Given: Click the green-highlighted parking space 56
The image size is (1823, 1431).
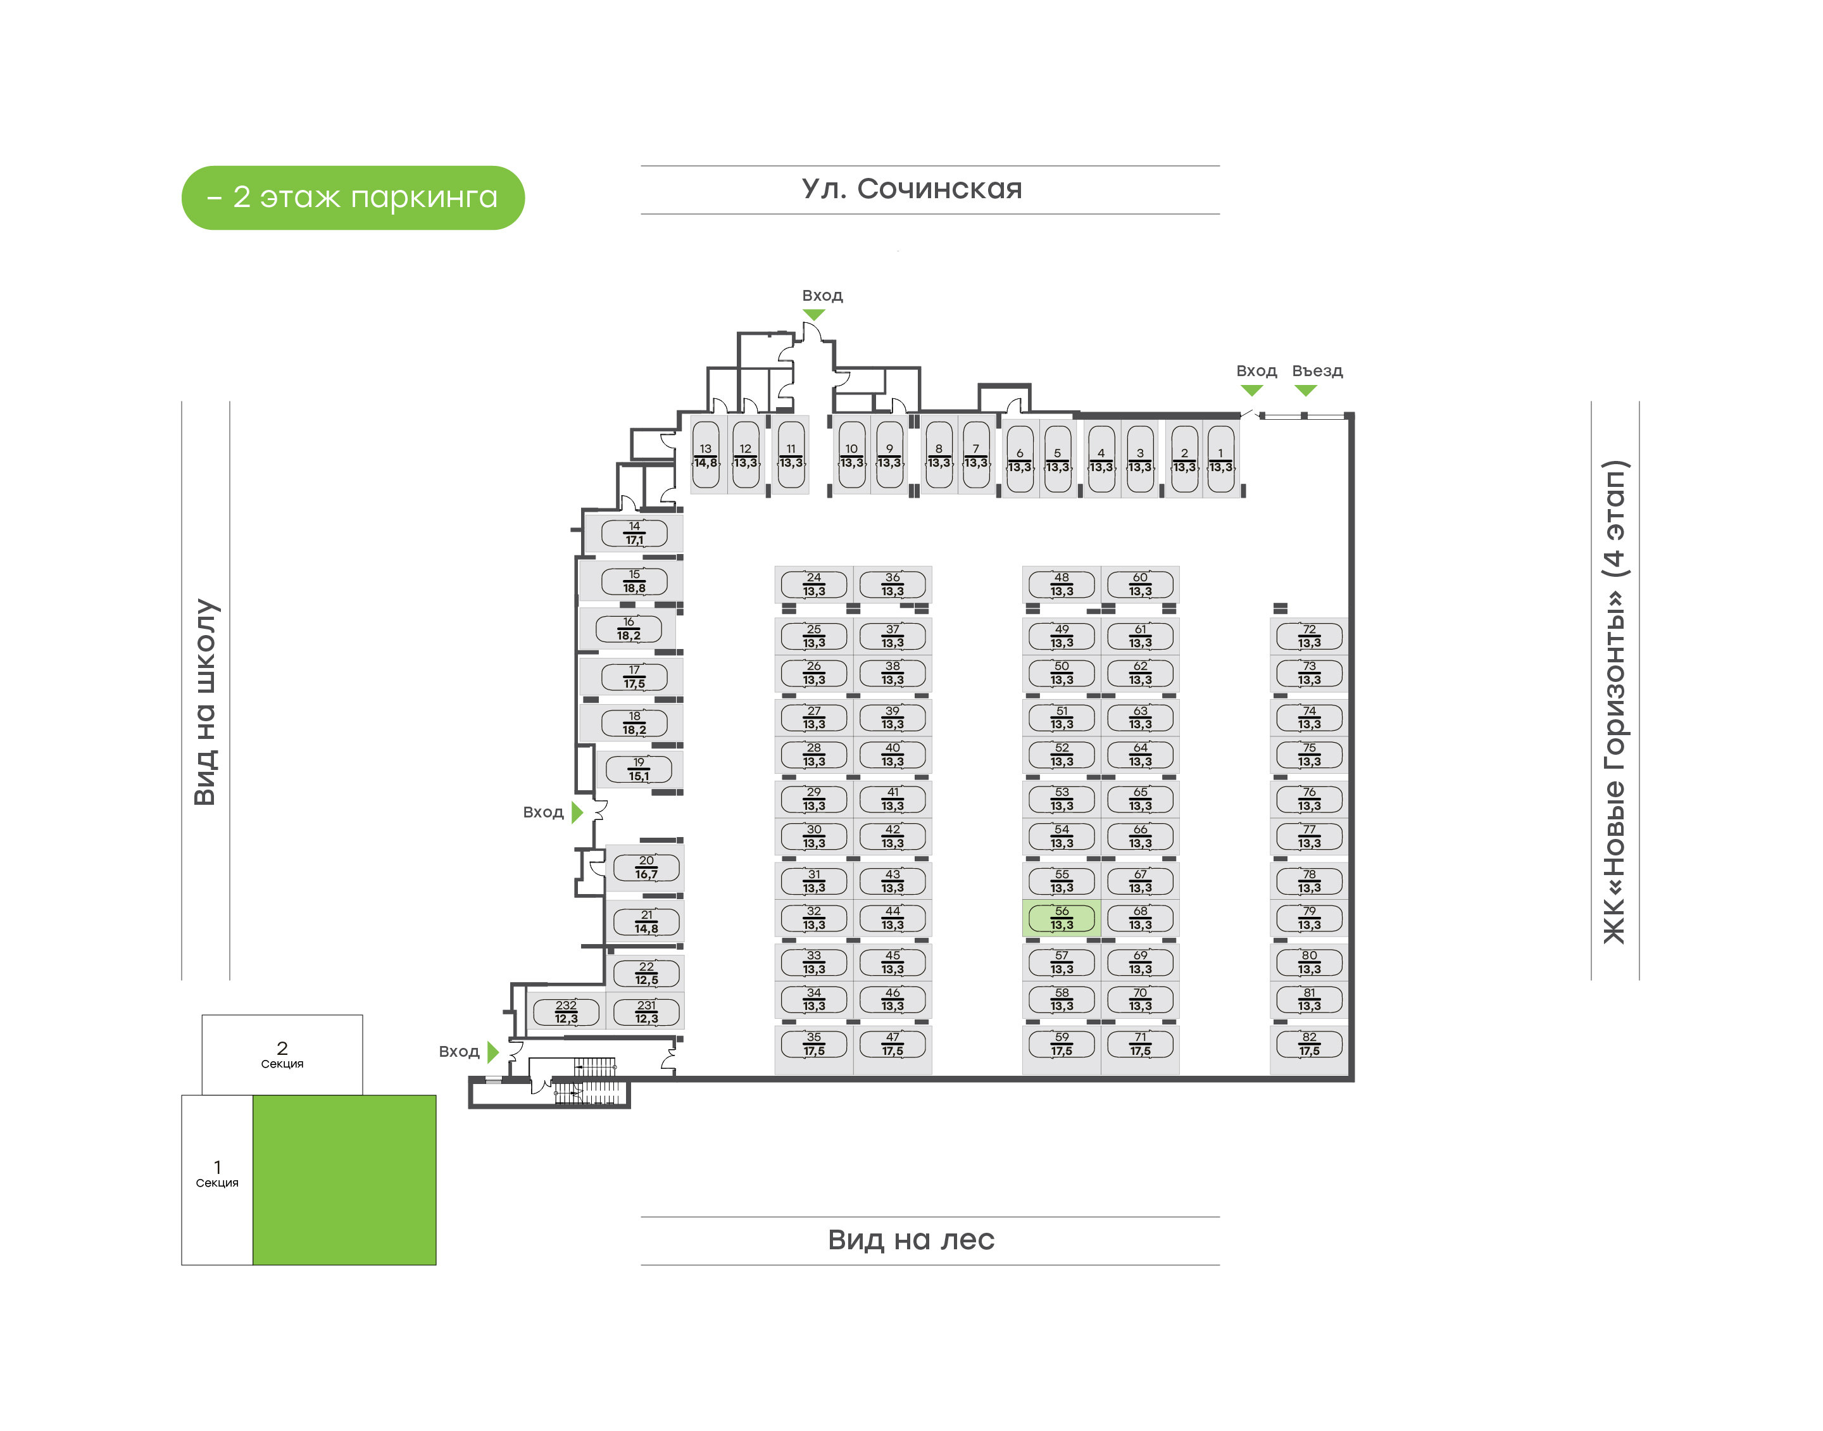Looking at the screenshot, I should (x=1061, y=918).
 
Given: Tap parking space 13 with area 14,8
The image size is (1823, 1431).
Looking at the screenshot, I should (x=706, y=456).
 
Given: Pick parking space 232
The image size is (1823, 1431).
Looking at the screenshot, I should (x=566, y=1012).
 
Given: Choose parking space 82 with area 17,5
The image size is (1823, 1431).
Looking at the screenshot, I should (x=1309, y=1044).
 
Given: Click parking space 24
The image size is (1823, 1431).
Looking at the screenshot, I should (x=813, y=584).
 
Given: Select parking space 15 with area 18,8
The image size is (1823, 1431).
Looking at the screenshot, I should (x=634, y=581).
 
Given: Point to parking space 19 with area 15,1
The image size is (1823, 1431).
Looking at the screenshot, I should (x=639, y=769).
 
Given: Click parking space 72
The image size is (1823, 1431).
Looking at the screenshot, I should (x=1309, y=636).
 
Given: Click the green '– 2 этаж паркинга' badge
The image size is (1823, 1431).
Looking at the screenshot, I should (x=353, y=198).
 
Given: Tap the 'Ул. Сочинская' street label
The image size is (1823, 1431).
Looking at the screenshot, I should (x=912, y=189).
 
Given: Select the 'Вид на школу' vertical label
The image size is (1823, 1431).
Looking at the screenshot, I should (x=205, y=702).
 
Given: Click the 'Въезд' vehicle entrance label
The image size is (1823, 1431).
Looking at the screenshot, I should (x=1317, y=370).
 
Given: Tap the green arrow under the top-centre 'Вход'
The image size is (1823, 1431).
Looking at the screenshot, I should (x=813, y=314).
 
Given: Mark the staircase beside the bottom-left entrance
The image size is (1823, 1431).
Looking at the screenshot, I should (x=591, y=1081).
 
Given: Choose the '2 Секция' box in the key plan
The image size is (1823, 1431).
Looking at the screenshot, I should (x=282, y=1054).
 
